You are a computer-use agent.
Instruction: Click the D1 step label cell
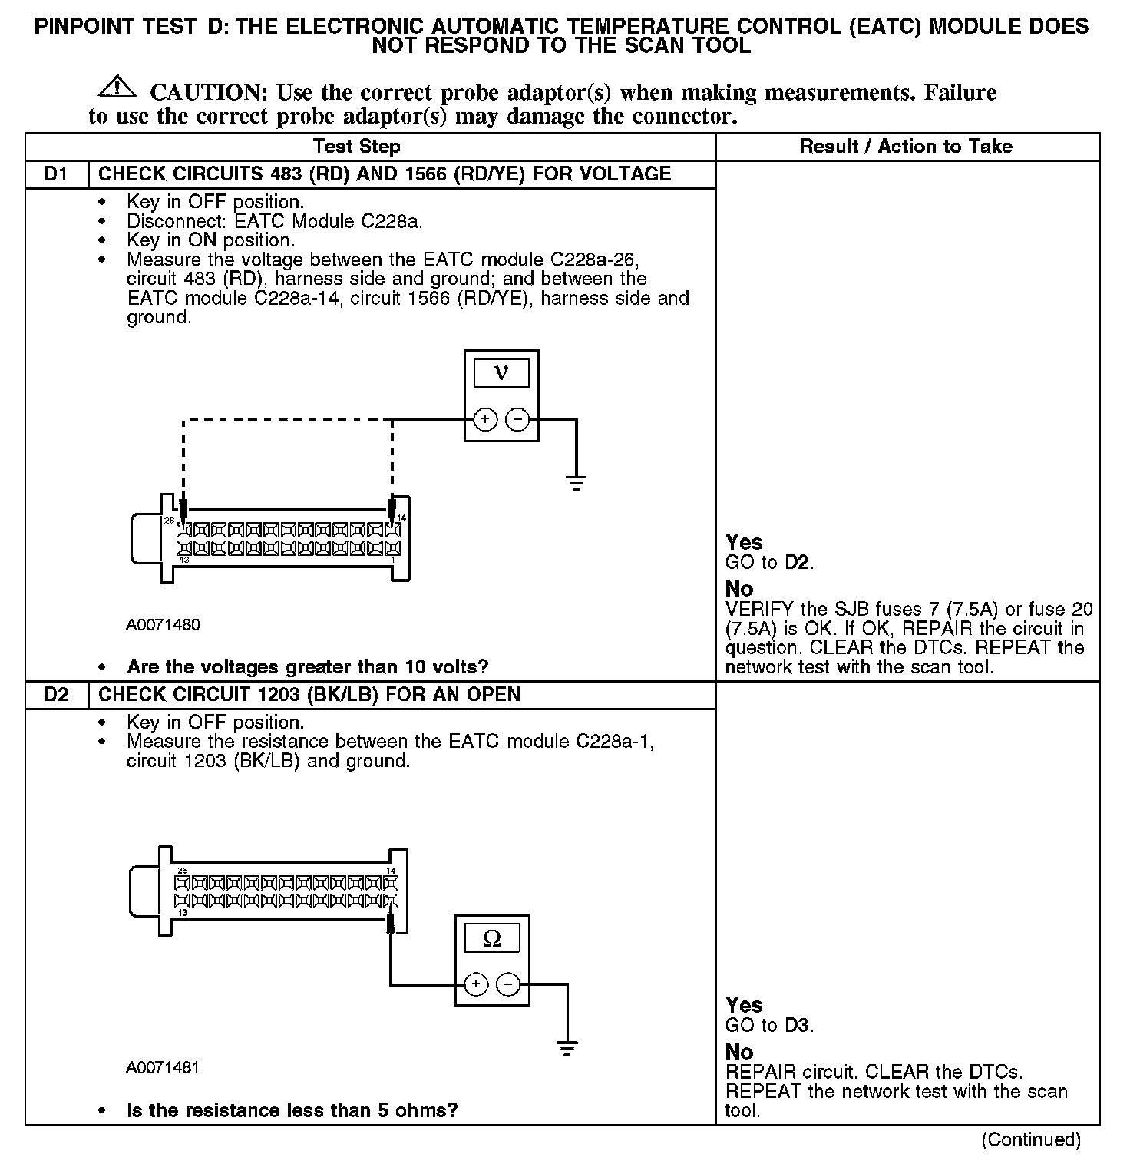56,174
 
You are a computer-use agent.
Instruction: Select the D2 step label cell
56,694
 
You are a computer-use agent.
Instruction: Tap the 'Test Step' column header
356,147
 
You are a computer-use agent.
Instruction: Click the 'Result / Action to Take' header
906,147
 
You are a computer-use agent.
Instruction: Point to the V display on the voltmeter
501,373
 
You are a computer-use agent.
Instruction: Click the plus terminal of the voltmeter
484,419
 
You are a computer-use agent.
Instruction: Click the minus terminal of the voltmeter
518,419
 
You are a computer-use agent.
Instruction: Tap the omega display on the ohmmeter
492,938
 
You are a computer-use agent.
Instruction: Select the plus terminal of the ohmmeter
476,984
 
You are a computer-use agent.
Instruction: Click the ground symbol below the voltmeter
576,484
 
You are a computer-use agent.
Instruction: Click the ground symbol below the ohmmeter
567,1049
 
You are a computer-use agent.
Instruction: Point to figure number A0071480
164,625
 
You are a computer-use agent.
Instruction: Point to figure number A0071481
163,1068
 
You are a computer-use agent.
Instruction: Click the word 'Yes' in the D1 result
744,542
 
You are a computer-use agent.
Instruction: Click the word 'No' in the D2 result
739,1052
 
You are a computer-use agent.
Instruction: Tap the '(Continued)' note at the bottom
1030,1139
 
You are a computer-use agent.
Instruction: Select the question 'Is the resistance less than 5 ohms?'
292,1110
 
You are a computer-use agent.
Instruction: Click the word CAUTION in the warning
208,93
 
